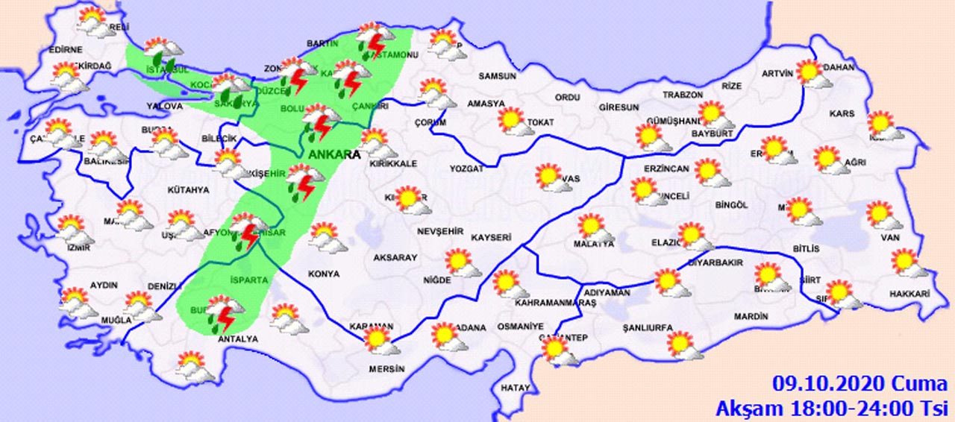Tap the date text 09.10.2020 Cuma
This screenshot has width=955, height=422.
coord(857,385)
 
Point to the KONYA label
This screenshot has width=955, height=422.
coord(322,274)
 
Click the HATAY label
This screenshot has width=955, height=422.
coord(516,388)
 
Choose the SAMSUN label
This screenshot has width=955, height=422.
coord(498,76)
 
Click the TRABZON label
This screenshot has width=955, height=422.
coord(684,95)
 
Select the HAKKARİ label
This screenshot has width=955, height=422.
coord(909,295)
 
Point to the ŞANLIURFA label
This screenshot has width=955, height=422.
coord(648,327)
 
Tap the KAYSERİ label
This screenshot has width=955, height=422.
coord(491,237)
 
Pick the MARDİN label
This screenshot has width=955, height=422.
coord(751,317)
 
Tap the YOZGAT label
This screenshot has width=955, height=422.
coord(466,169)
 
